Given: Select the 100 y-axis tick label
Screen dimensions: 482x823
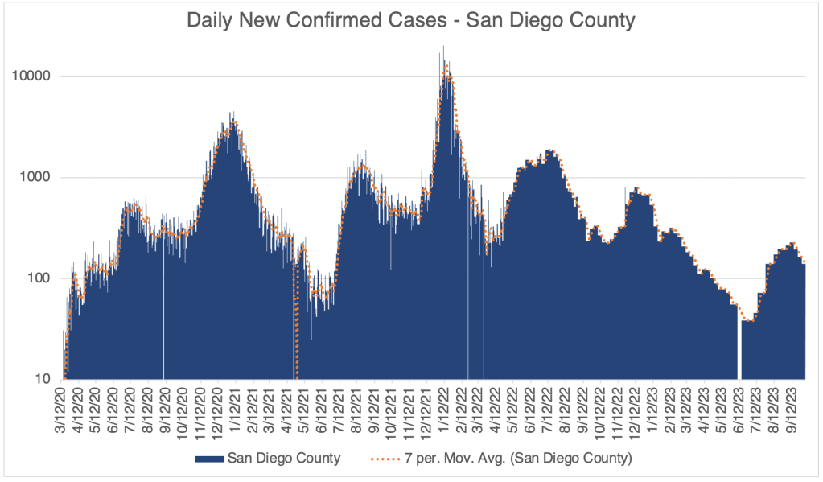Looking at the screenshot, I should (43, 278).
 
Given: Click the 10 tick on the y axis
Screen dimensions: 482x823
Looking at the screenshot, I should (47, 379).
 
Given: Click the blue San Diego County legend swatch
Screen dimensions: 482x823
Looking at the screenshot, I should (209, 459).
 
